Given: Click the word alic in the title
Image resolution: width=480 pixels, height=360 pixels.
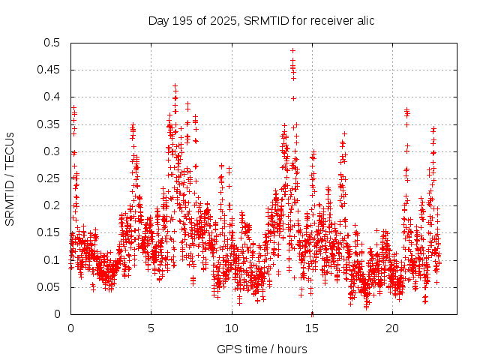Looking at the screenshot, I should pyautogui.click(x=363, y=20).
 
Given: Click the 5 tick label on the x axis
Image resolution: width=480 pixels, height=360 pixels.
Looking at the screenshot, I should pyautogui.click(x=151, y=328).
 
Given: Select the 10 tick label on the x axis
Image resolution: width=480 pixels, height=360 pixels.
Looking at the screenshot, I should pyautogui.click(x=232, y=328).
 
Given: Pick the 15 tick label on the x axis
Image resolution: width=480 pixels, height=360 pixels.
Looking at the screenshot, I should pyautogui.click(x=312, y=328).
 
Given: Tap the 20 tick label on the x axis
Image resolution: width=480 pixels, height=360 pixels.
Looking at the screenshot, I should pyautogui.click(x=392, y=328).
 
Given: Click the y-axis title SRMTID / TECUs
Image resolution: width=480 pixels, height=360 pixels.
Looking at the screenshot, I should pyautogui.click(x=10, y=178).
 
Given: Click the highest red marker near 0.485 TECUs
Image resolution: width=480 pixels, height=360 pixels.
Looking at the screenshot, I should pyautogui.click(x=292, y=51).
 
